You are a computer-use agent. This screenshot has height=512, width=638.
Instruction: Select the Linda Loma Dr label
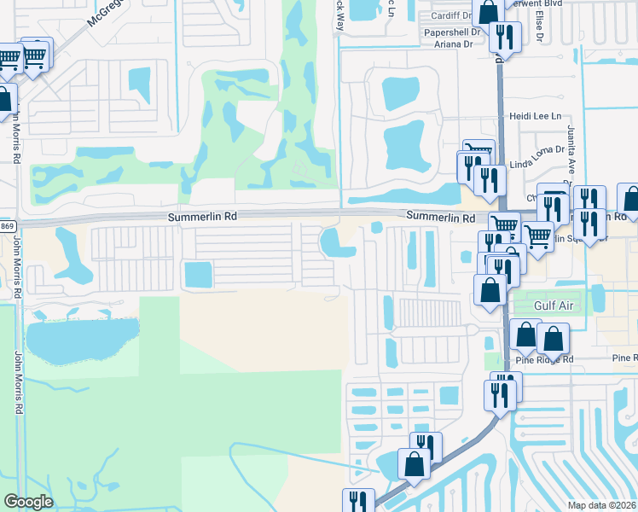point(538,149)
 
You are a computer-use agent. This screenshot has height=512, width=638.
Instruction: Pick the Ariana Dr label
point(455,44)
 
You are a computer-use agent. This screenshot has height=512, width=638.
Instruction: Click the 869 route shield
point(7,224)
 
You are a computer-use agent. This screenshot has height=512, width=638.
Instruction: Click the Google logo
point(29,502)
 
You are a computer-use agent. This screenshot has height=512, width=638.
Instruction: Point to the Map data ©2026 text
point(600,505)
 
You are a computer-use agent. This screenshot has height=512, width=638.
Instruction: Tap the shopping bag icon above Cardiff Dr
point(489,12)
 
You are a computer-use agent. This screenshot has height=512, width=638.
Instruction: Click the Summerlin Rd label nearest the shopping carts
point(440,218)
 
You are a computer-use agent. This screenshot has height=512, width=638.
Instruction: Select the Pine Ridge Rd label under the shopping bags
point(543,359)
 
